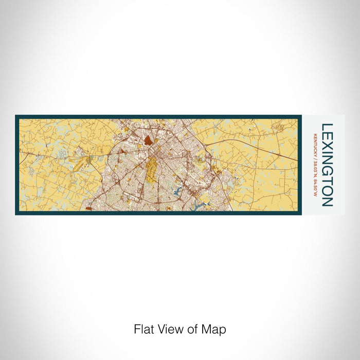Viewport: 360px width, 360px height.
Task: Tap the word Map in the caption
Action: [215, 330]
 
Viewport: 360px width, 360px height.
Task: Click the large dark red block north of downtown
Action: [148, 140]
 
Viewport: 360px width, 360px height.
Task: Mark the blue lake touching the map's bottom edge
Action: [199, 207]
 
